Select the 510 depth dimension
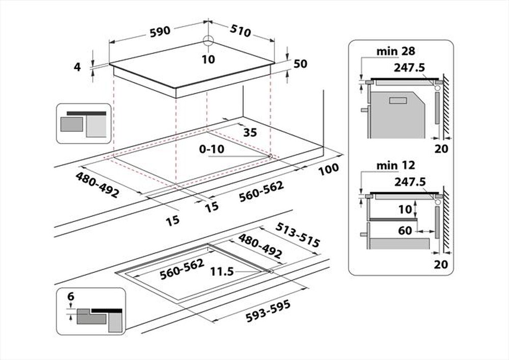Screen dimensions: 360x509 (240, 31)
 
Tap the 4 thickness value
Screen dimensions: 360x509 (77, 67)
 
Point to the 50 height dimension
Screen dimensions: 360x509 (300, 64)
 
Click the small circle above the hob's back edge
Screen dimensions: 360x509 (208, 41)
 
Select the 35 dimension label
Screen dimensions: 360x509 (250, 132)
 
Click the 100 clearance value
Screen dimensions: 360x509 (328, 169)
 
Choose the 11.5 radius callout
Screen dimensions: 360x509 (222, 272)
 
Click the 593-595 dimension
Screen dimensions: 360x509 (269, 311)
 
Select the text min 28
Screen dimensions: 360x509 (396, 51)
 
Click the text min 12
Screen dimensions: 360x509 (396, 165)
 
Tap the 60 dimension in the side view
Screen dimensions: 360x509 (405, 231)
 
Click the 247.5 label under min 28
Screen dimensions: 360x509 (409, 67)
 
